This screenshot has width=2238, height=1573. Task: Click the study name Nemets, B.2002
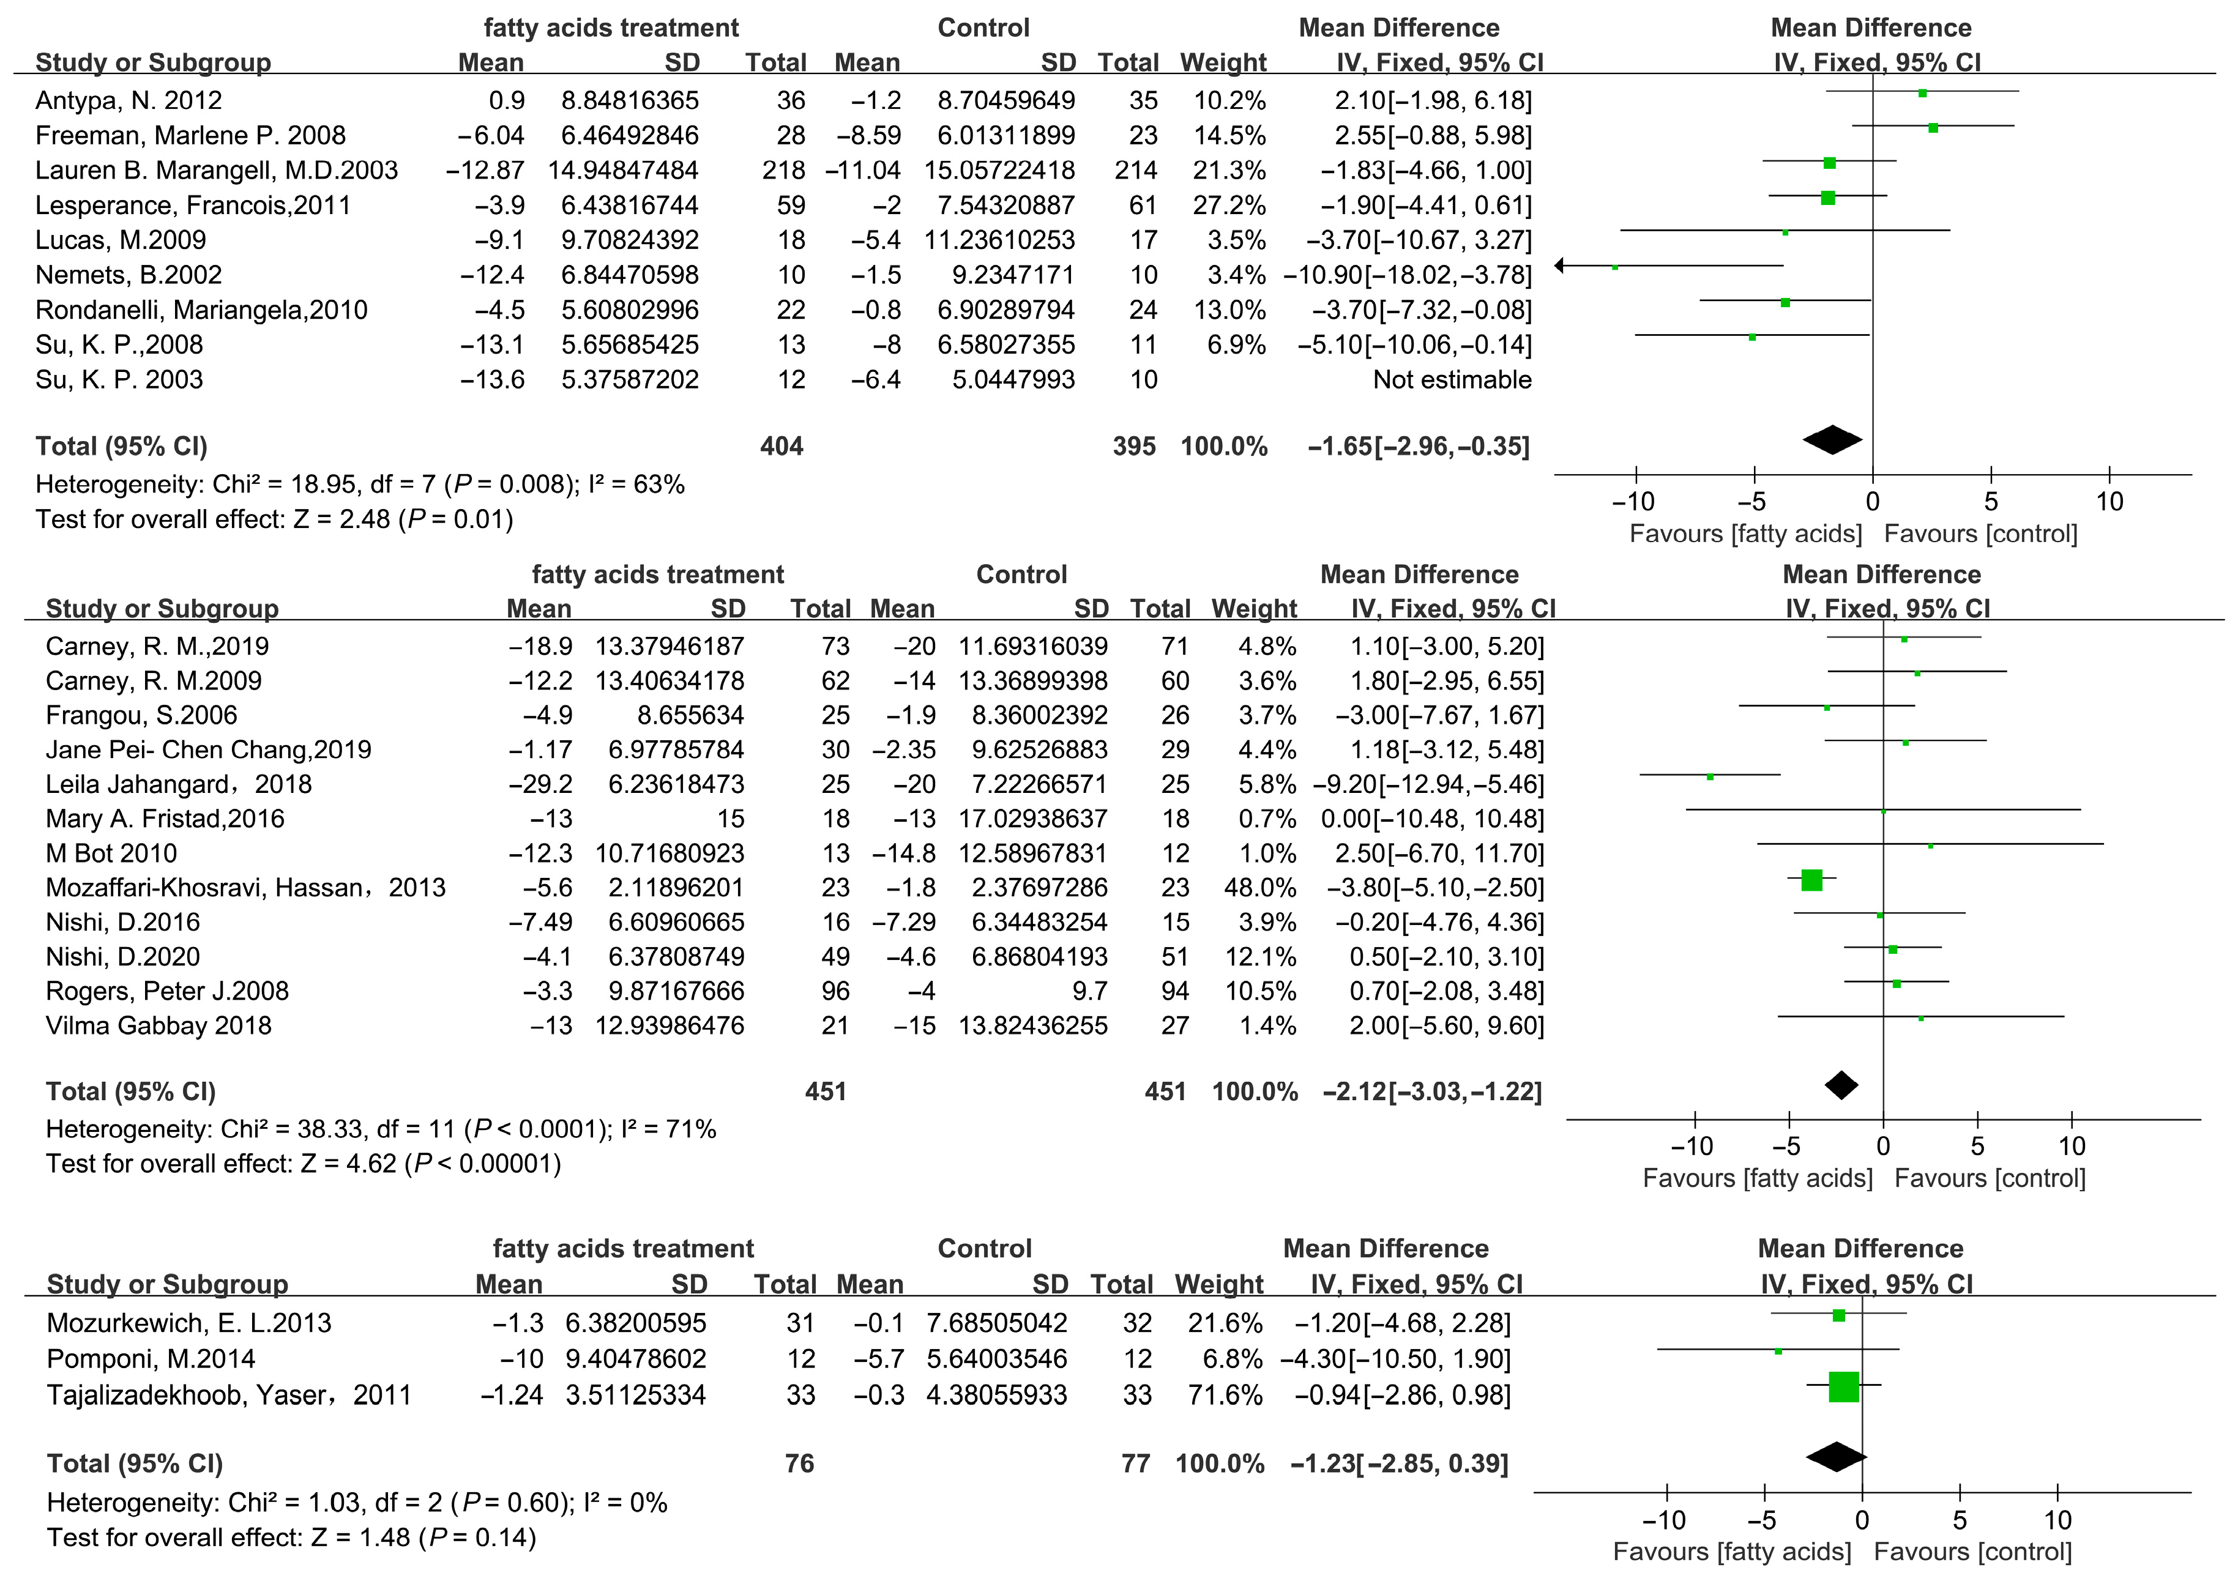129,275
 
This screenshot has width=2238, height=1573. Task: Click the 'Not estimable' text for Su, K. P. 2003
1452,380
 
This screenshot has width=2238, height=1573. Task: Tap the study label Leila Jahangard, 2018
178,784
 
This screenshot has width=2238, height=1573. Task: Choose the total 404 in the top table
781,447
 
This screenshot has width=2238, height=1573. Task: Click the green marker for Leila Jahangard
1710,777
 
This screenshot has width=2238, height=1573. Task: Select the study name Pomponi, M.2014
151,1359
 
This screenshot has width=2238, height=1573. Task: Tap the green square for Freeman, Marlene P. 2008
1933,128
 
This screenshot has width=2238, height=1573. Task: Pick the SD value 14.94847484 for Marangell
623,171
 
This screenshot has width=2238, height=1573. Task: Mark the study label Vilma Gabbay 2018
159,1025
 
